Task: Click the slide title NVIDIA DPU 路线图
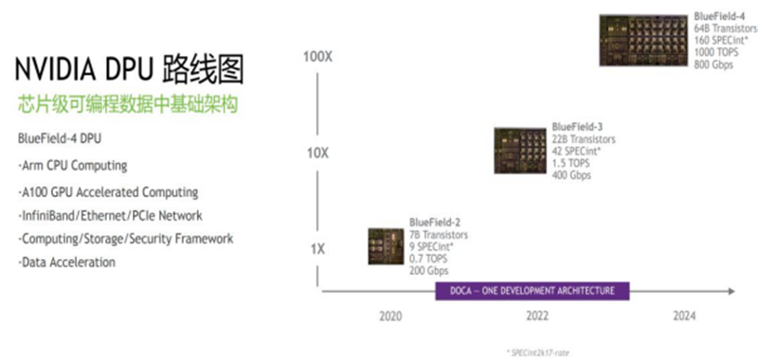[x=128, y=68]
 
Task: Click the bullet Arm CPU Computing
[x=72, y=166]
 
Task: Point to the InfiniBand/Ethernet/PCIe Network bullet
[x=110, y=215]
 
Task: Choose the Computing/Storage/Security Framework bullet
[x=125, y=239]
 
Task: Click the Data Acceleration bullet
[x=67, y=262]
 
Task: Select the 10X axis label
[x=318, y=153]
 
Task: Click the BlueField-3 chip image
[x=520, y=151]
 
